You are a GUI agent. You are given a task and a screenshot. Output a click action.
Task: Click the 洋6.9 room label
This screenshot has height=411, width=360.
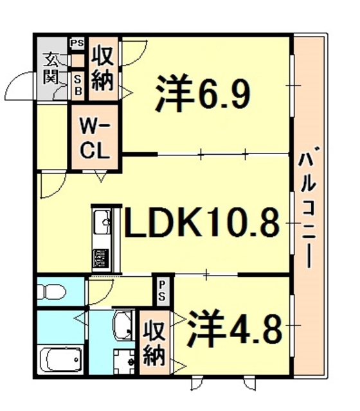click(202, 94)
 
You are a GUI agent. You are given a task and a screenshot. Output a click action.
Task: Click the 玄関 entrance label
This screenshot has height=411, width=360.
click(50, 70)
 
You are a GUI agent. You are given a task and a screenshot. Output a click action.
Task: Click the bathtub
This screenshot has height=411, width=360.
click(61, 358)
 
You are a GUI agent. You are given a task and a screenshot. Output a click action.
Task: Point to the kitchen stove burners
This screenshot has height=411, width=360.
click(102, 258)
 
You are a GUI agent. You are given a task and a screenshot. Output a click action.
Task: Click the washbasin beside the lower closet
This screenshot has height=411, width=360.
click(123, 326)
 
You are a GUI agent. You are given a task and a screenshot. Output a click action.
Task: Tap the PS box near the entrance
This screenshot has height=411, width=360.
click(78, 44)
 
